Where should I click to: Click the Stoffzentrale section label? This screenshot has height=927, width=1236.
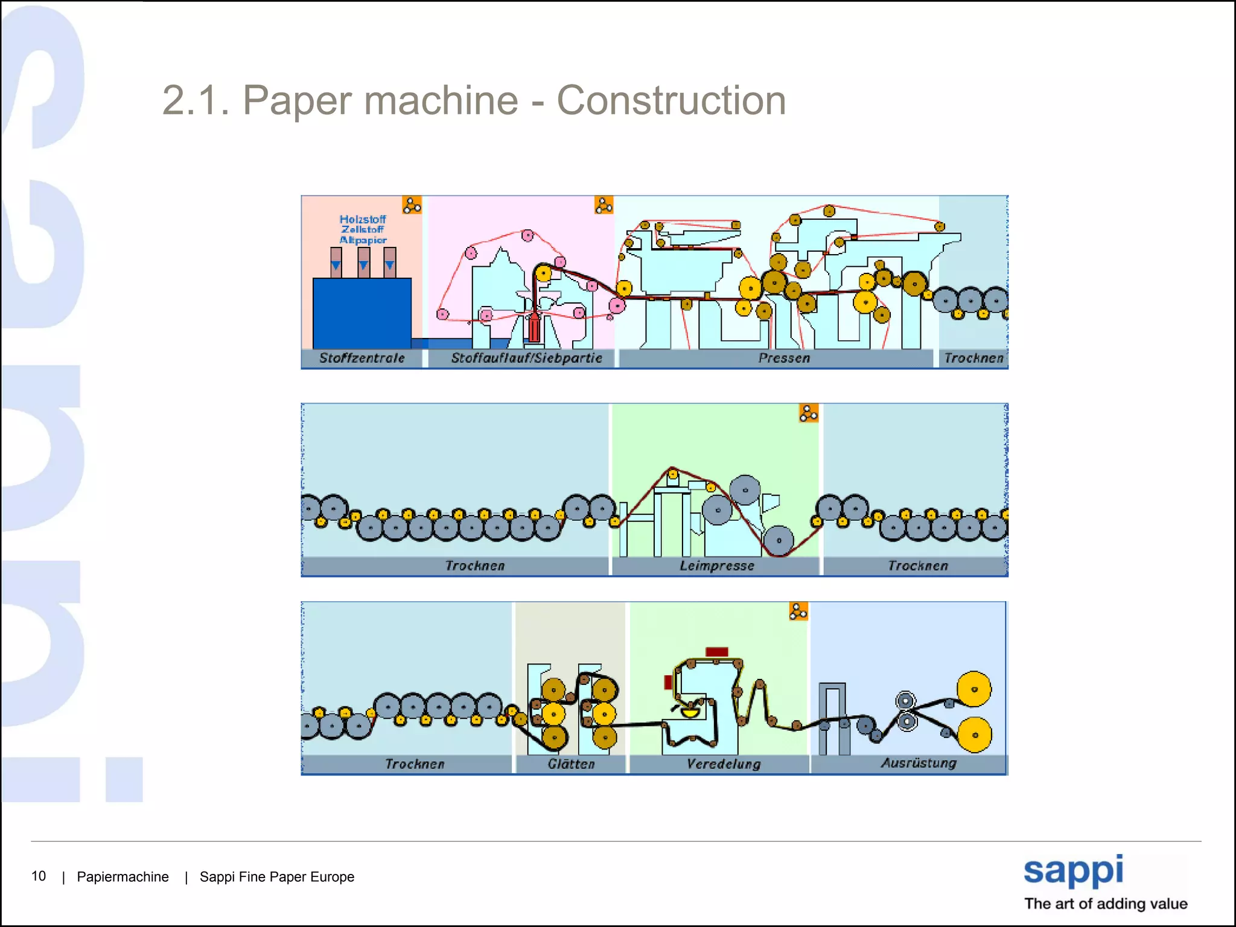click(x=362, y=358)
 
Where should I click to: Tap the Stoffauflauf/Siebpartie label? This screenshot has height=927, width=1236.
click(x=526, y=358)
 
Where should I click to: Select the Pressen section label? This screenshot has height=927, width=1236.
click(x=783, y=358)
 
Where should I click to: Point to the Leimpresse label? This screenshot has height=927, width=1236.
click(x=716, y=565)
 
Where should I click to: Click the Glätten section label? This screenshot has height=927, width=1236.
click(x=571, y=764)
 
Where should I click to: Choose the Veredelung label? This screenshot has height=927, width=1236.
click(x=723, y=764)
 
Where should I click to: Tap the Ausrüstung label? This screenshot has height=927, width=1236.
click(x=919, y=763)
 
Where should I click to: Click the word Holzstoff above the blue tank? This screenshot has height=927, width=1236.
click(x=362, y=219)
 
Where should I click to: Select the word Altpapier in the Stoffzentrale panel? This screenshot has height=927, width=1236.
click(x=363, y=240)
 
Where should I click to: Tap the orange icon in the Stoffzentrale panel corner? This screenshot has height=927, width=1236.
click(x=412, y=205)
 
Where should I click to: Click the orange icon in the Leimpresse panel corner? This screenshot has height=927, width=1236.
click(x=809, y=413)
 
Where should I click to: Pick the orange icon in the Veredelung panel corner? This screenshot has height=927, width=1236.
click(x=798, y=611)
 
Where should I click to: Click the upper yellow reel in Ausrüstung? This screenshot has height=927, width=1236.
click(x=974, y=689)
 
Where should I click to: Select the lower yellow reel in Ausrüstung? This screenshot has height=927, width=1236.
click(x=974, y=734)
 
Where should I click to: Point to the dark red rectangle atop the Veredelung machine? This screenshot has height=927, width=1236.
click(x=717, y=652)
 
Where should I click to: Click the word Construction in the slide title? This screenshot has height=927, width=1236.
click(x=671, y=100)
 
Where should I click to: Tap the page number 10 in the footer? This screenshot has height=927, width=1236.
click(x=39, y=876)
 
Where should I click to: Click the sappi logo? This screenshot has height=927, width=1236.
click(x=1074, y=871)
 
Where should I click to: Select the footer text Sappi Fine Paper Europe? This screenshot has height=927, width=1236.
click(x=277, y=876)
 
